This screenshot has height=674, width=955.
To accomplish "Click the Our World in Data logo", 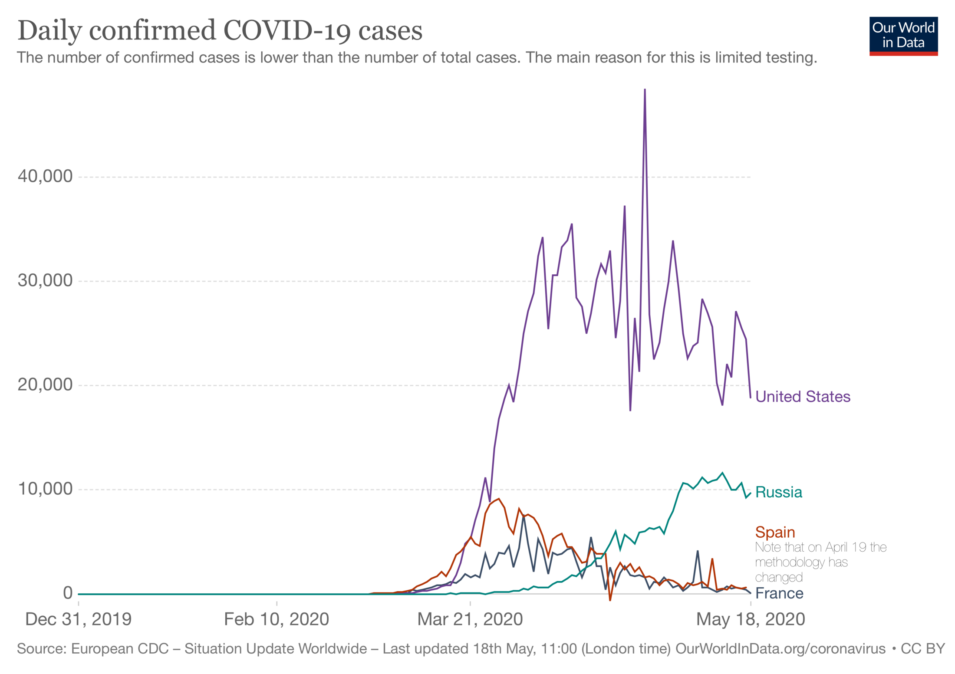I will [x=903, y=36].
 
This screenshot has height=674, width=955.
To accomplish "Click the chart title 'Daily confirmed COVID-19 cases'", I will [x=220, y=30].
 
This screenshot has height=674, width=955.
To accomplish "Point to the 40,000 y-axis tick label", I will [x=45, y=176].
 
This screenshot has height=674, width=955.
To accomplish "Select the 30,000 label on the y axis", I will [x=45, y=280].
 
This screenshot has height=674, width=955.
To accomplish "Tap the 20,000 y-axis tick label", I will [x=45, y=385].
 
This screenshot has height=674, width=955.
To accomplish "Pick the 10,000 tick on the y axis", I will [x=45, y=489].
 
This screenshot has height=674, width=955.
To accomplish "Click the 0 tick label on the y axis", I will [x=67, y=593].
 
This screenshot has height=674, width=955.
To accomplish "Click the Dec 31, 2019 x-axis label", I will [x=78, y=619].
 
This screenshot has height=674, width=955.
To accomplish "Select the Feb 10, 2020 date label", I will [x=276, y=619].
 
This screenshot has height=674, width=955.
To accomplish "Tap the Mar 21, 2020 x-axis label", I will [x=470, y=619].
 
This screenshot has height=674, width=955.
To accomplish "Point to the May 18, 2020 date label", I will [x=750, y=619].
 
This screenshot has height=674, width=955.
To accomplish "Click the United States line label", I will [x=802, y=397].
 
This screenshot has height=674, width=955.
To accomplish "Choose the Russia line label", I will [x=778, y=492].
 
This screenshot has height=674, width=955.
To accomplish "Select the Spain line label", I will [x=775, y=532].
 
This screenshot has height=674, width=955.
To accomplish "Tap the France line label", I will [x=779, y=593].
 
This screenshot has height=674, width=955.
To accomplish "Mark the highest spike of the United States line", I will [x=645, y=90].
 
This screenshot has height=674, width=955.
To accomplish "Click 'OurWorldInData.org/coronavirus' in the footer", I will [x=780, y=648].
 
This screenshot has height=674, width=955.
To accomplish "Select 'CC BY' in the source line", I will [x=922, y=648].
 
